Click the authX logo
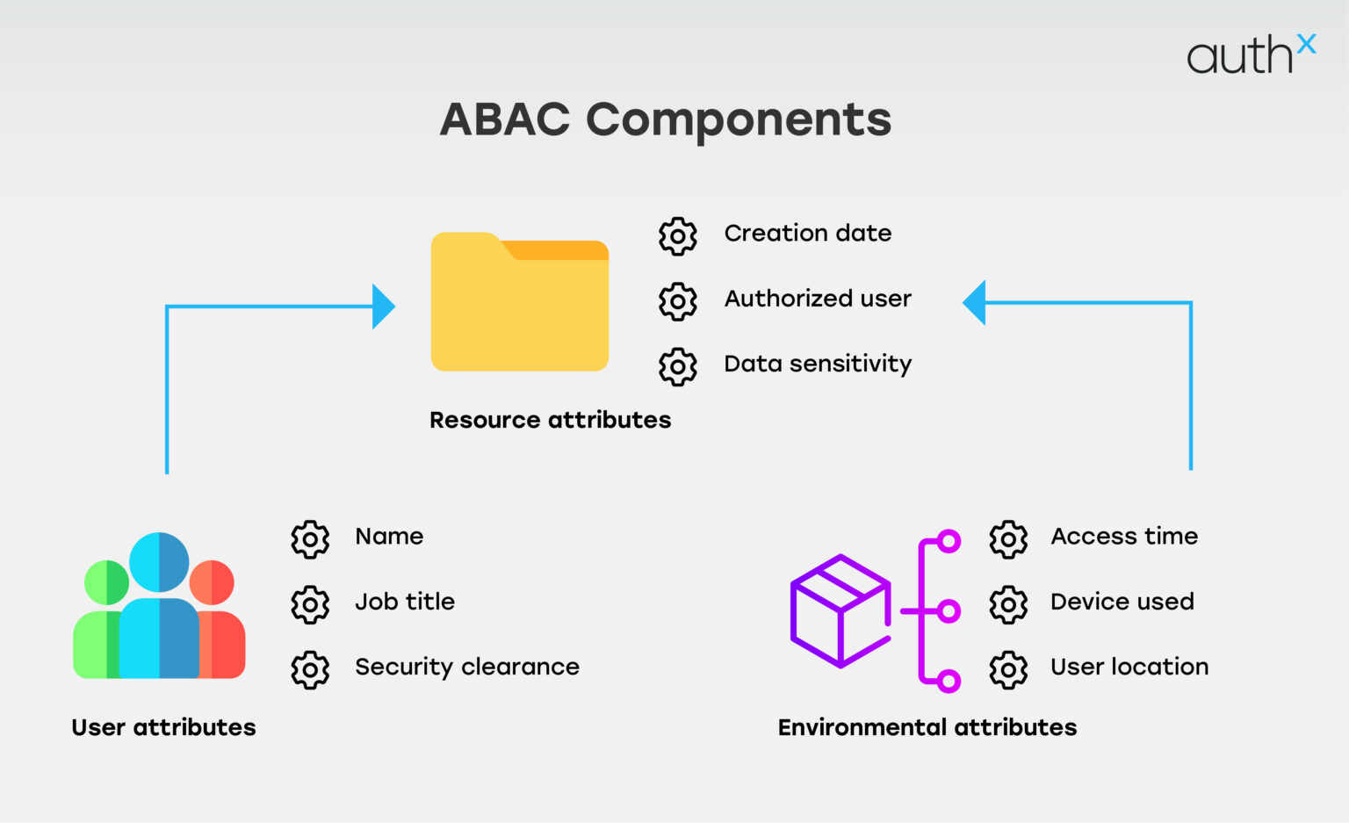pos(1251,54)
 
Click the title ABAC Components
pos(666,119)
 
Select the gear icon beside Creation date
pos(678,236)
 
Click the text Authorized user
pos(817,299)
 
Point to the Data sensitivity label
pos(817,364)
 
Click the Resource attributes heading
pos(550,420)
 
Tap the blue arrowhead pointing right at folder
pos(383,307)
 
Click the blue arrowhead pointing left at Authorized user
pos(975,303)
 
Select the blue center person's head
pos(159,562)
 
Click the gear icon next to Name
pos(310,539)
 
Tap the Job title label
pos(405,602)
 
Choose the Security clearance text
pos(466,668)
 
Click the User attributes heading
pos(163,727)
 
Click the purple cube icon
pos(840,611)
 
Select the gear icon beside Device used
pos(1008,604)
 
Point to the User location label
pos(1129,668)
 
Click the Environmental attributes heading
pos(927,727)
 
